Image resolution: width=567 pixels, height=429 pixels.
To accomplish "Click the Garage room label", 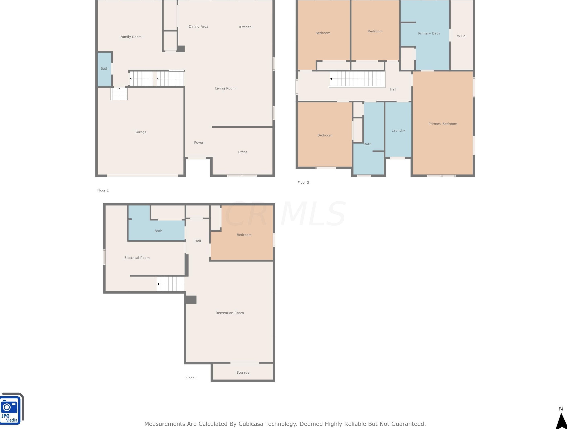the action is coord(140,132).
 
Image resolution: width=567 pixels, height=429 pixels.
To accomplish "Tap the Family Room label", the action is coord(131,37).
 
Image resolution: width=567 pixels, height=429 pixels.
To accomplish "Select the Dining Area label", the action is coord(198,27).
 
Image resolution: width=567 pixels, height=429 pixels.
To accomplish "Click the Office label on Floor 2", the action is coord(243,152).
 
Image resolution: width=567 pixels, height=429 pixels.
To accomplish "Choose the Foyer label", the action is coord(199,143).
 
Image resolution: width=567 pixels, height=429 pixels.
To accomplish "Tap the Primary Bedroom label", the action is coord(443,124).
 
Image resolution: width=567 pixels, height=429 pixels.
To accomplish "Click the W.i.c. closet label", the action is coord(461,36).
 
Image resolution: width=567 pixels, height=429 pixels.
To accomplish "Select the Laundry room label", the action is coord(398,130).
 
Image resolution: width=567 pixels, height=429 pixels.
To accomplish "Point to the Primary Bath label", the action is coord(429,33).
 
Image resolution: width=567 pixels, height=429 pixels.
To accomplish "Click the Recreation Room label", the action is coord(230,313).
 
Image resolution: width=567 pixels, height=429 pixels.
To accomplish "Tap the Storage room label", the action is coord(243,373).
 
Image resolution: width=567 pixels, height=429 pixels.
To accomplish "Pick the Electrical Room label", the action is coord(137,258).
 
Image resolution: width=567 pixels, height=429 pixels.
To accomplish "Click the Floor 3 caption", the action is coord(303,183).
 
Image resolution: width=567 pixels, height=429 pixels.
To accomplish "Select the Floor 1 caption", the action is coord(191,378).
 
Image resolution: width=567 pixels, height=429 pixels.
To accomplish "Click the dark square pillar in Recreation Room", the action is coord(191,300).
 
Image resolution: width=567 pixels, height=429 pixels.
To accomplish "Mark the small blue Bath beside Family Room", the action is coord(104,69).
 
